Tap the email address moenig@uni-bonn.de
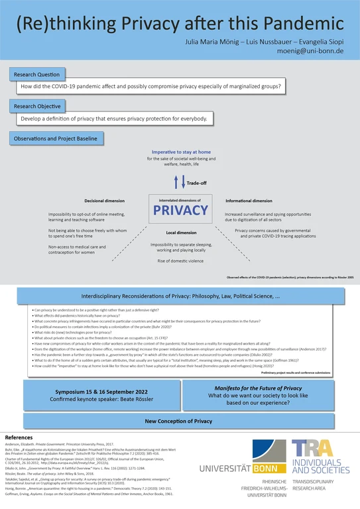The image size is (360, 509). (315, 50)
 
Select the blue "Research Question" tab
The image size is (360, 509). (38, 75)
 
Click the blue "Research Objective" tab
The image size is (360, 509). (38, 107)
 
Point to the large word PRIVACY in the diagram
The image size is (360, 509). (180, 210)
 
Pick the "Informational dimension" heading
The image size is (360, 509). (249, 201)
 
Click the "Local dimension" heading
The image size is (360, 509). (180, 233)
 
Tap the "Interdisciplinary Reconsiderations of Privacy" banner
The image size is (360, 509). (180, 297)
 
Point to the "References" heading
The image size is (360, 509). (20, 438)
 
